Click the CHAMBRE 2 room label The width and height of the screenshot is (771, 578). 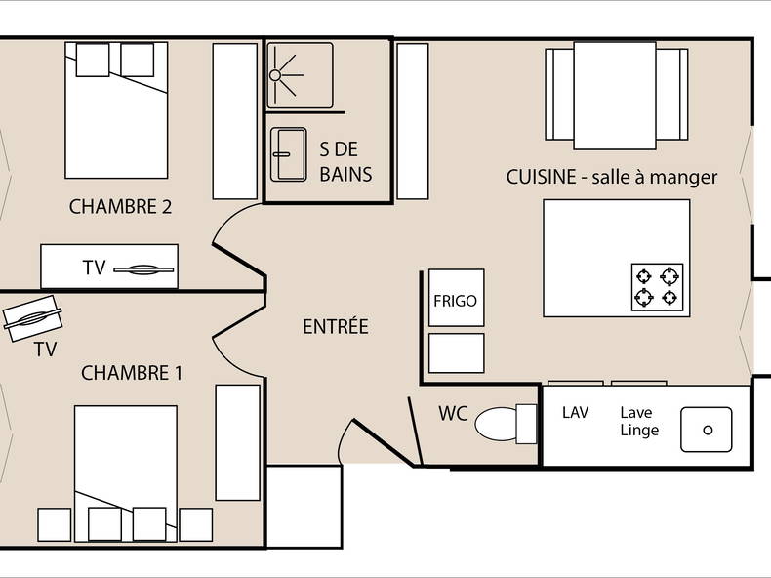120,206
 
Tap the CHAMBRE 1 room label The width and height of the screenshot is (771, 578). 132,373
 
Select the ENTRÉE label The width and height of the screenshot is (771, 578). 336,327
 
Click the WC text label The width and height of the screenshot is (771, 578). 452,413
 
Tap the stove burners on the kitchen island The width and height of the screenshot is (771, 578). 657,286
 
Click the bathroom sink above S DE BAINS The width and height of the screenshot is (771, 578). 288,153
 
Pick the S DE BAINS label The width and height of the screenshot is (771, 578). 345,161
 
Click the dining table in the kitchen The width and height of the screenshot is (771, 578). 615,81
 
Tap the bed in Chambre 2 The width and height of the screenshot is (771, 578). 115,109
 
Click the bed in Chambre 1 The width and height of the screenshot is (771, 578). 125,469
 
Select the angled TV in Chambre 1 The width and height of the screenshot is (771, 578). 32,319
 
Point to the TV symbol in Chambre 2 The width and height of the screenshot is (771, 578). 144,268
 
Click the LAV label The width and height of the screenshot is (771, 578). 576,413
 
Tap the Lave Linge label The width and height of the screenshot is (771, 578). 639,421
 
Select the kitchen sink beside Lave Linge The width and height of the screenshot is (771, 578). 707,431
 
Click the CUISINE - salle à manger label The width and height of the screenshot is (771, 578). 612,177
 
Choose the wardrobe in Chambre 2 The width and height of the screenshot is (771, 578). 234,120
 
